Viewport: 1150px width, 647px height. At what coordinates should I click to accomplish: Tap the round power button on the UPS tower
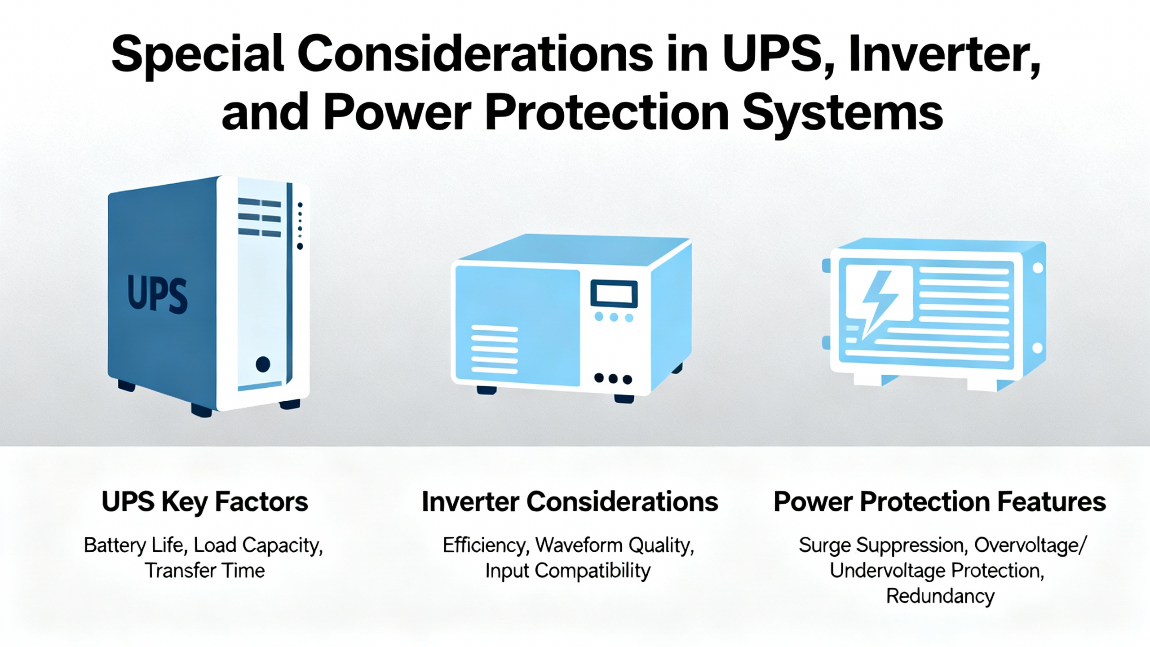pyautogui.click(x=263, y=364)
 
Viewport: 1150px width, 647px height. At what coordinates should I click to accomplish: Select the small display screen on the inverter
pyautogui.click(x=614, y=294)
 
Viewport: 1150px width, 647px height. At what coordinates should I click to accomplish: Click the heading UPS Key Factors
pyautogui.click(x=205, y=502)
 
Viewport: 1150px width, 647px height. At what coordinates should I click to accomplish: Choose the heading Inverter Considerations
pyautogui.click(x=570, y=501)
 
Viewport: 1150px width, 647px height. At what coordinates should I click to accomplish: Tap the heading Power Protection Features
pyautogui.click(x=940, y=501)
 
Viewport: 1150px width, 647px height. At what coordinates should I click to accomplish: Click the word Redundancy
pyautogui.click(x=940, y=597)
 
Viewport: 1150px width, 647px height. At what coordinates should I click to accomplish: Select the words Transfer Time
pyautogui.click(x=205, y=571)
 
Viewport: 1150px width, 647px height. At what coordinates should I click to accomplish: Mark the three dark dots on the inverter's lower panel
pyautogui.click(x=613, y=379)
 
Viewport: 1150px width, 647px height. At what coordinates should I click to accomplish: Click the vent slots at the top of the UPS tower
pyautogui.click(x=260, y=217)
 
